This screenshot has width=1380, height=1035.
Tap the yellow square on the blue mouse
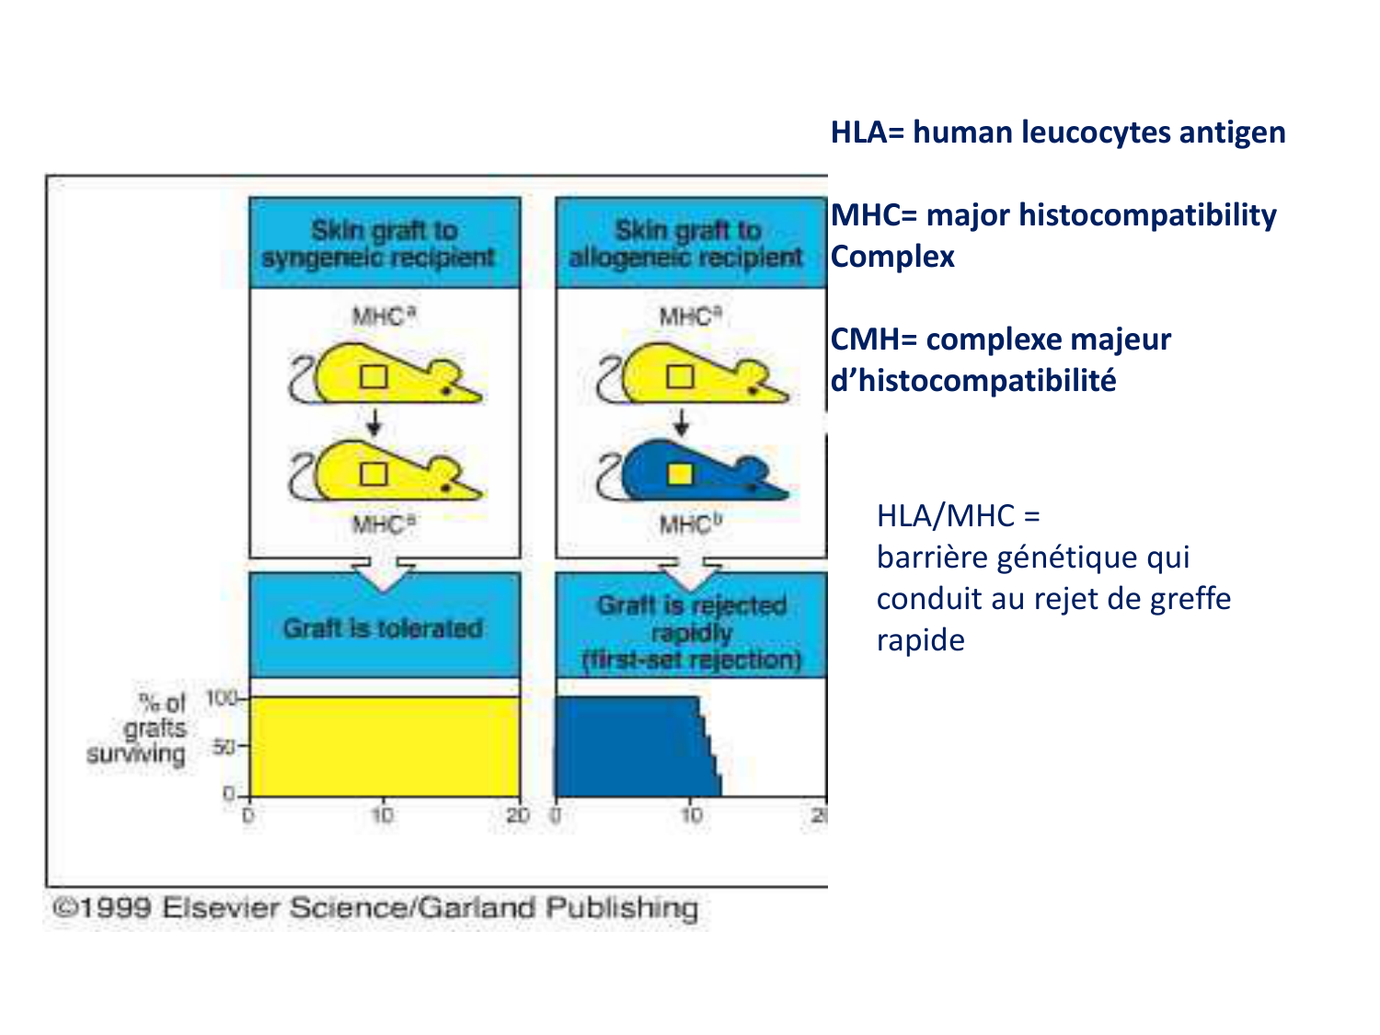pos(680,474)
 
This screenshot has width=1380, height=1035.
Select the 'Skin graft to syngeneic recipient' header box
pos(384,243)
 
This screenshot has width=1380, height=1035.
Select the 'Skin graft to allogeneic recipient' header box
pos(689,243)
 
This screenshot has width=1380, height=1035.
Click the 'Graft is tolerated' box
pos(384,627)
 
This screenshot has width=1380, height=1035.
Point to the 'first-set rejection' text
pos(691,660)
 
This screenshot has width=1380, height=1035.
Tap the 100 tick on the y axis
pos(222,698)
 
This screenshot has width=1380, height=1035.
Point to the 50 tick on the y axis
pos(224,746)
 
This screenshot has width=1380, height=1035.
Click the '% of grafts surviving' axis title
pos(138,729)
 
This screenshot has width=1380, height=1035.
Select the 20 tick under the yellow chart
pos(518,815)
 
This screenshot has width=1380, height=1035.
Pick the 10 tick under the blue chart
pos(690,815)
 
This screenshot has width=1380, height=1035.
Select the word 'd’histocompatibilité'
pos(973,380)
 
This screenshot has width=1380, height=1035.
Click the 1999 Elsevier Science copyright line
pos(374,908)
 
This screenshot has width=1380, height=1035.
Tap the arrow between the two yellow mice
pos(374,424)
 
